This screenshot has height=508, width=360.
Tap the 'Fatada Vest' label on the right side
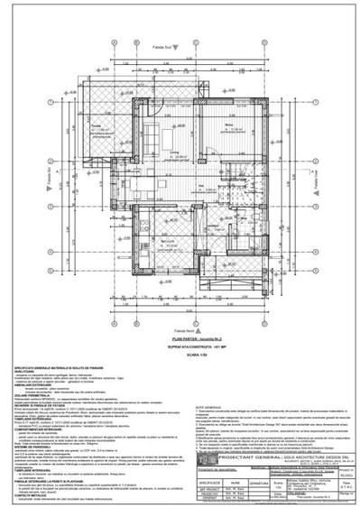pyautogui.click(x=322, y=188)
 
